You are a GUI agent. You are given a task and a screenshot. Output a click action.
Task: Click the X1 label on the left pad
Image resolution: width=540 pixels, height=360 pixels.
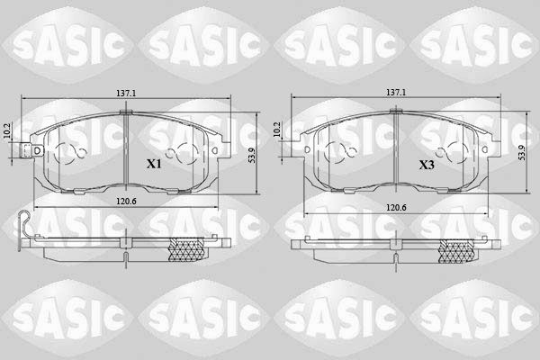coord(154,164)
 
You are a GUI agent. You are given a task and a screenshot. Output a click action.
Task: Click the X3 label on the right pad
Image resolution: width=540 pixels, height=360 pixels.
coord(427,165)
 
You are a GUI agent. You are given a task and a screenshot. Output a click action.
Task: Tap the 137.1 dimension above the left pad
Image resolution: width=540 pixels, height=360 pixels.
coord(126,93)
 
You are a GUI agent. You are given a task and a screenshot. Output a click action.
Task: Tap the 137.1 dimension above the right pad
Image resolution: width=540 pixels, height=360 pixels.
coord(396,93)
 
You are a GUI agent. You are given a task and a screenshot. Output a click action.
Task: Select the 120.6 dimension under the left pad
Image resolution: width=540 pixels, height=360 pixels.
coord(126,202)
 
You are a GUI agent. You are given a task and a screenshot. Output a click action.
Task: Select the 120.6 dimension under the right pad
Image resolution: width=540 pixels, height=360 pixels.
coord(396,207)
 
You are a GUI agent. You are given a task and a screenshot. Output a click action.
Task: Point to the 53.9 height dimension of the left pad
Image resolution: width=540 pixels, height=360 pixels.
coord(252,155)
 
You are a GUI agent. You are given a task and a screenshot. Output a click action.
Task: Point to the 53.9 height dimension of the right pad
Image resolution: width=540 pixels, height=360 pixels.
coord(521,152)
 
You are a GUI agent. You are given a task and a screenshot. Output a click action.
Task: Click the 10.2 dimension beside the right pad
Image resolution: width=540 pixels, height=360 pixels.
coord(277,130)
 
